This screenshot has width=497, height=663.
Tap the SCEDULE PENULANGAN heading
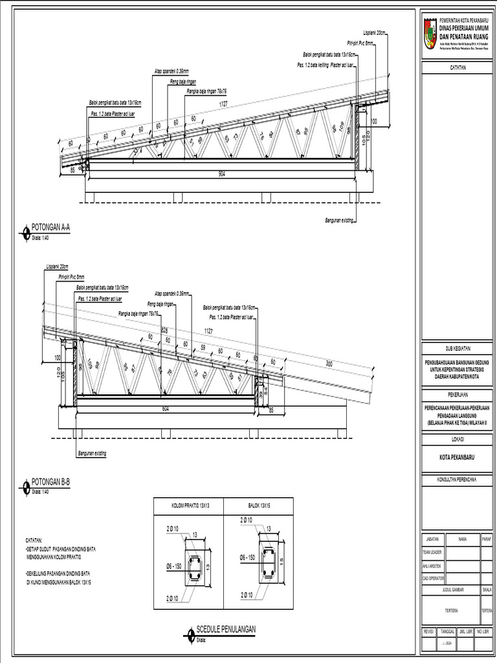[226, 629]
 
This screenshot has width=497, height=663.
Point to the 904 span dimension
[221, 174]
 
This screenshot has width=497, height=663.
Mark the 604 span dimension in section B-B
[166, 409]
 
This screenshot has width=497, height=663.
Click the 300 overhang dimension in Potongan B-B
[329, 365]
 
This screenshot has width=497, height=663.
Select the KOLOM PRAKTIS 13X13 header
[188, 504]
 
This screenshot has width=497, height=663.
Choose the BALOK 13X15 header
[258, 504]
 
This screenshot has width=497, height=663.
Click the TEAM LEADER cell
[431, 552]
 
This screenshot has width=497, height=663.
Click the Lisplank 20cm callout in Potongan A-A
[374, 32]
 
